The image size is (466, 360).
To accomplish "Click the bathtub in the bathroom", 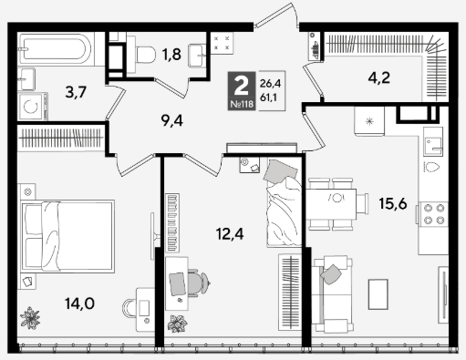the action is pyautogui.click(x=54, y=48).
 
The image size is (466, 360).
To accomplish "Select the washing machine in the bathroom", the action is pyautogui.click(x=32, y=107).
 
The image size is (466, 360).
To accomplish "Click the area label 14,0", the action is pyautogui.click(x=79, y=303).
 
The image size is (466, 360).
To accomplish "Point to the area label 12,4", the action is pyautogui.click(x=230, y=234).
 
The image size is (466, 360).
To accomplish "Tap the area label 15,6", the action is pyautogui.click(x=393, y=203).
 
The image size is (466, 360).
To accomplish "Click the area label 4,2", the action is pyautogui.click(x=379, y=78).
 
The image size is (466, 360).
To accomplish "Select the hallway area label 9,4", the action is pyautogui.click(x=172, y=121).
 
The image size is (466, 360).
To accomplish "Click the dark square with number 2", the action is pyautogui.click(x=242, y=91).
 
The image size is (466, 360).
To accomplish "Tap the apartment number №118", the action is pyautogui.click(x=242, y=105).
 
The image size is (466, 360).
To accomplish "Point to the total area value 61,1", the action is pyautogui.click(x=269, y=98).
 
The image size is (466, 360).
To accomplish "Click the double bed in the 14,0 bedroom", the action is pyautogui.click(x=67, y=236).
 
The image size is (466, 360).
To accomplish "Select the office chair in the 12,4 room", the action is pyautogui.click(x=198, y=283).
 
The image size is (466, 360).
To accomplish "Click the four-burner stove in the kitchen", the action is pyautogui.click(x=433, y=213).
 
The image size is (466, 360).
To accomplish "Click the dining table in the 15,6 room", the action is pyautogui.click(x=331, y=204).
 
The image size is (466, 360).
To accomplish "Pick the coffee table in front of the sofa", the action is pyautogui.click(x=378, y=294).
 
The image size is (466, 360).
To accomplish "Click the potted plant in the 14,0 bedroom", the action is pyautogui.click(x=30, y=318).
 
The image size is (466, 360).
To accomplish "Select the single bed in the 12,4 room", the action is pyautogui.click(x=285, y=202).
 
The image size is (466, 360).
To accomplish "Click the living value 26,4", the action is pyautogui.click(x=270, y=83).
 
